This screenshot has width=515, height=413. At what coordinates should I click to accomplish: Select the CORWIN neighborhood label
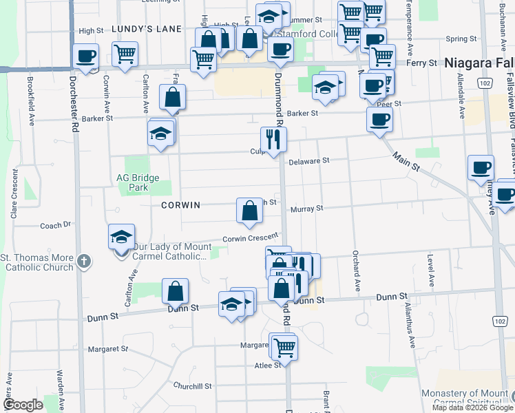coord(180,205)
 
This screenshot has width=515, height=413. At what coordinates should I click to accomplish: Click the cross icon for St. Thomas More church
coord(83,261)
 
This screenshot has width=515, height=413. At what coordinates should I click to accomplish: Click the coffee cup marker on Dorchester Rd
coord(86,56)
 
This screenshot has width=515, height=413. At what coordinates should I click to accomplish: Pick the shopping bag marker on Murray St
coord(249,211)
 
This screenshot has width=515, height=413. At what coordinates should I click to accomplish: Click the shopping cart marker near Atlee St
coord(284,348)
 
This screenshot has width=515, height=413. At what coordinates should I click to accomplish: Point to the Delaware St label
coord(310,160)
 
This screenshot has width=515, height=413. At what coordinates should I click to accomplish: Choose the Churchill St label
coord(192,386)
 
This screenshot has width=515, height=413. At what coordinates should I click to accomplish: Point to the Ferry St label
coord(423,63)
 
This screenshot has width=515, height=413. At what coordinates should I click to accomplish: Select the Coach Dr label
coord(56,224)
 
